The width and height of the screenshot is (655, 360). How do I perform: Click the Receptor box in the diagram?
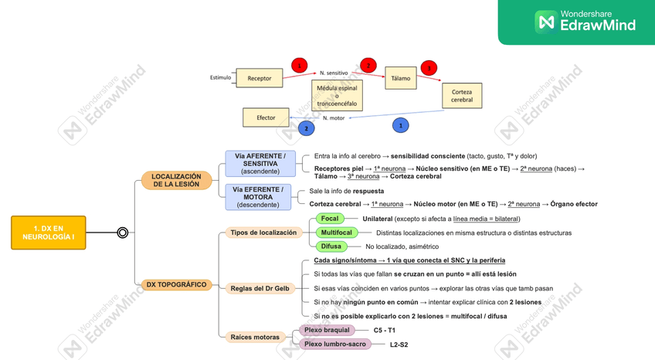point(260,78)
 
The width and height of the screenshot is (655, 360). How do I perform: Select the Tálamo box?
point(400,78)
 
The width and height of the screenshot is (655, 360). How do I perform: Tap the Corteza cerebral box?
point(462,96)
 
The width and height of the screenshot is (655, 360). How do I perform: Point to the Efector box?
point(266,117)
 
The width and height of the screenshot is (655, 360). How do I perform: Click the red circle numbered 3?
point(429,68)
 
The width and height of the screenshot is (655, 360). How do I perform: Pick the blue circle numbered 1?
point(400,124)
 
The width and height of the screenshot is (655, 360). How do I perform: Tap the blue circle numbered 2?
point(306,128)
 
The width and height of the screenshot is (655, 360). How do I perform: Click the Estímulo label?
point(220,77)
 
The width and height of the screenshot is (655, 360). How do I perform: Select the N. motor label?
point(334,118)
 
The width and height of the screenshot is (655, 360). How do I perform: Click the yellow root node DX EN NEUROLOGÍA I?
point(49,233)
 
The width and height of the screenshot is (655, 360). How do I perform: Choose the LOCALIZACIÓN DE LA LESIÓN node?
point(176,181)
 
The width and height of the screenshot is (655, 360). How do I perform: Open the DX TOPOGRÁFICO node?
point(177,285)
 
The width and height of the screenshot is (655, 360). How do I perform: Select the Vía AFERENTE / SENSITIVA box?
point(260,164)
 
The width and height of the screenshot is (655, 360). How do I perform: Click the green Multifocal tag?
point(337,233)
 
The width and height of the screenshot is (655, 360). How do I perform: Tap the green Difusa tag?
point(331,246)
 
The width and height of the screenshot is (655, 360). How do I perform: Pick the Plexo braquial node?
point(327,330)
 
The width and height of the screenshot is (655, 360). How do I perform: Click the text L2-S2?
point(399,345)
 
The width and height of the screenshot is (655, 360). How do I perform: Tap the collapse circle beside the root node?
point(122,233)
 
